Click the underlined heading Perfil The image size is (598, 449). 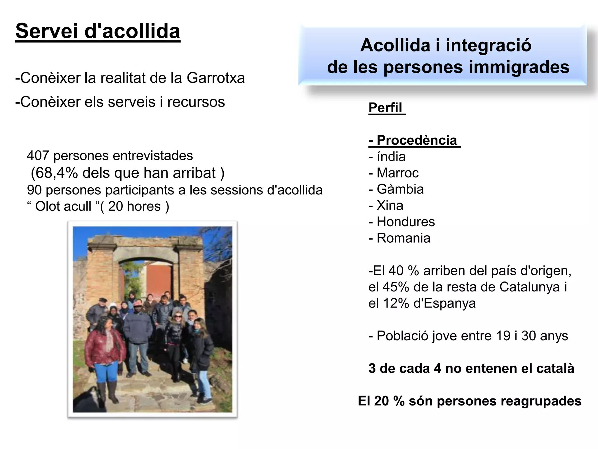click(x=385, y=108)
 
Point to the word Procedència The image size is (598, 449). click(x=417, y=140)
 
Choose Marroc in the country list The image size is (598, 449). click(x=398, y=173)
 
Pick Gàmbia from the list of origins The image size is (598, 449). click(x=400, y=189)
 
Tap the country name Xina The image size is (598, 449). click(x=390, y=205)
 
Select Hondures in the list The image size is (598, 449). click(x=406, y=222)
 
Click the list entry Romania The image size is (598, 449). click(x=404, y=238)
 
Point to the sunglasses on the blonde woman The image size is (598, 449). click(x=178, y=317)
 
